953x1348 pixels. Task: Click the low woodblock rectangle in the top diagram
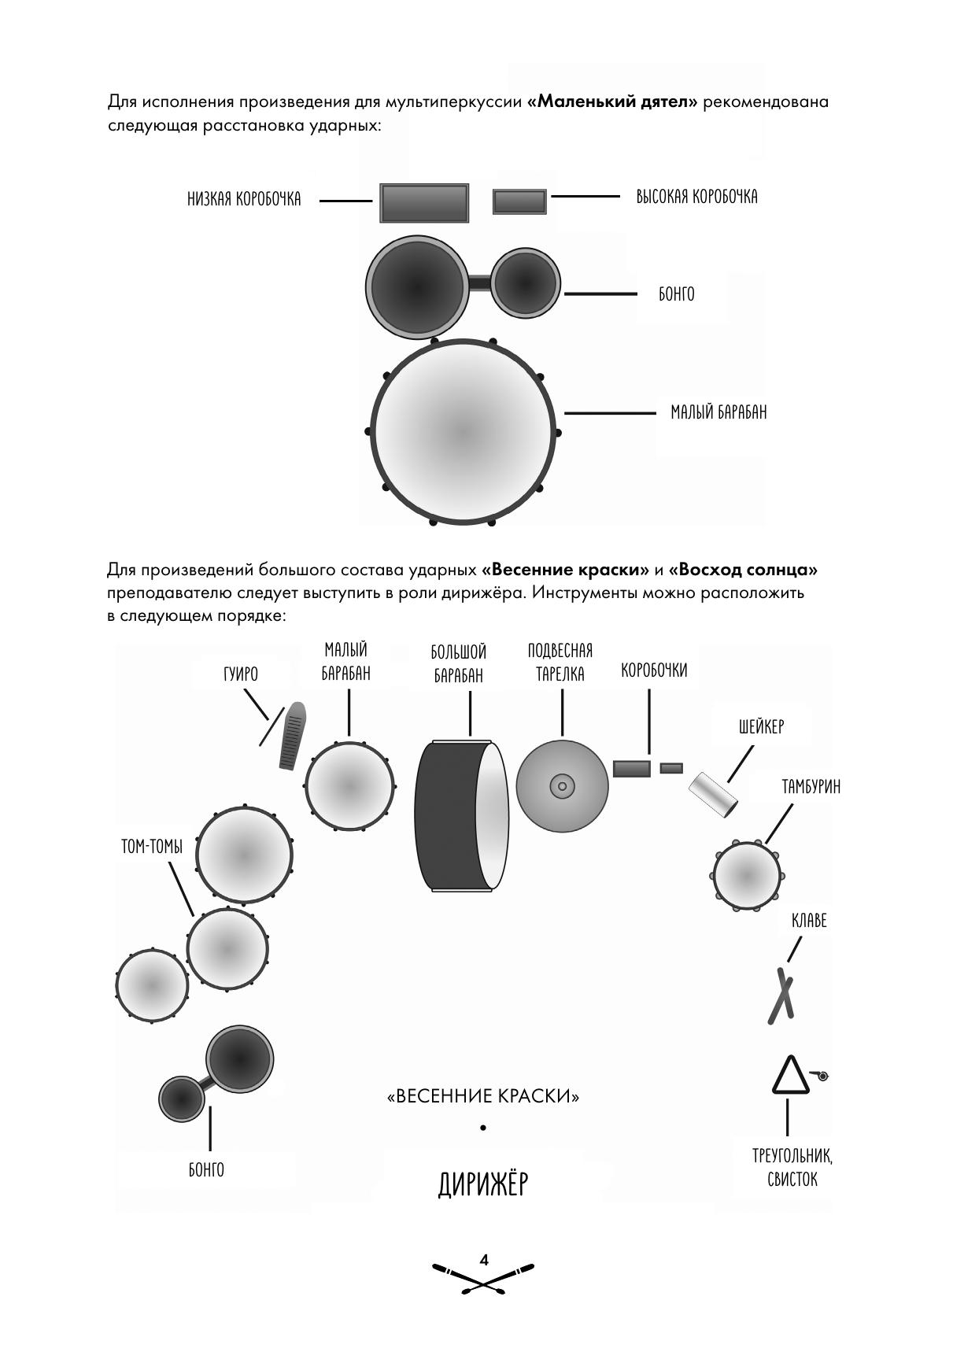click(x=424, y=203)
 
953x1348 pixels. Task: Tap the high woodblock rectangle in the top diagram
click(x=519, y=201)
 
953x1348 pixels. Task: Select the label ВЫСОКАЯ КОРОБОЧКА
click(x=696, y=197)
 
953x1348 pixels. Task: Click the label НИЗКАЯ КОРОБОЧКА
click(x=244, y=199)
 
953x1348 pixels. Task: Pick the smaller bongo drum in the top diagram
click(x=526, y=283)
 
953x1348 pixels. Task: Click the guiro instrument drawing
click(x=292, y=736)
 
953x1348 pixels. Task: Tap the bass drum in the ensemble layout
click(x=460, y=816)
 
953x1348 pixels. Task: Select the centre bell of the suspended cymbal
click(x=562, y=785)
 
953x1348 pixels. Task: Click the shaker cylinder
click(x=714, y=796)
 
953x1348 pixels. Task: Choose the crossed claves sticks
click(x=781, y=996)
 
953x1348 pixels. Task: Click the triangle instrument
click(x=789, y=1077)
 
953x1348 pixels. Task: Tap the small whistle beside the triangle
click(x=822, y=1075)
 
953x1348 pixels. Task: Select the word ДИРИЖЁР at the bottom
click(x=482, y=1184)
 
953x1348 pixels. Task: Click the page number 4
click(x=484, y=1260)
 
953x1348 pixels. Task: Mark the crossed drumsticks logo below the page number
click(x=483, y=1280)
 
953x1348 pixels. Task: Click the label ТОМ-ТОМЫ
click(x=152, y=847)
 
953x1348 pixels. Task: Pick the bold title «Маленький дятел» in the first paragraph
click(x=612, y=102)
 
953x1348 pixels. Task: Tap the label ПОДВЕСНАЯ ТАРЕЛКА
click(x=560, y=663)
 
